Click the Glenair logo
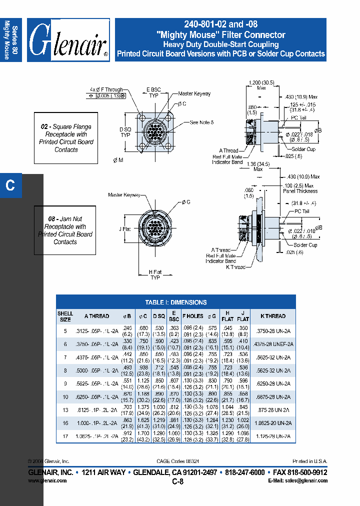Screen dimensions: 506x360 (x=68, y=40)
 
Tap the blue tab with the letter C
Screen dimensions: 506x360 (x=10, y=185)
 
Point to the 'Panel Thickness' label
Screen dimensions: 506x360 (x=300, y=191)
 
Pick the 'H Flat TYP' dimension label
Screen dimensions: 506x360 (x=155, y=274)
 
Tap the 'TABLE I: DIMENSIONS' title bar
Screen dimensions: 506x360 (x=175, y=302)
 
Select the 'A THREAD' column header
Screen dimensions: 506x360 (x=96, y=316)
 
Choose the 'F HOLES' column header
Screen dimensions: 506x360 (x=192, y=316)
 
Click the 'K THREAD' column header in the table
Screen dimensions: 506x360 (x=273, y=316)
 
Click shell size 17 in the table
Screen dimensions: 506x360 (x=65, y=436)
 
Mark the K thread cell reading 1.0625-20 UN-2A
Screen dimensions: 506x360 (x=273, y=422)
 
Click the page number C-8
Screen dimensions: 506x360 (x=178, y=481)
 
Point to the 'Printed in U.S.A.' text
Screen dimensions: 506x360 (x=309, y=461)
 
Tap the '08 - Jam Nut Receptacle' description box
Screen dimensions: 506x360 (x=65, y=230)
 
